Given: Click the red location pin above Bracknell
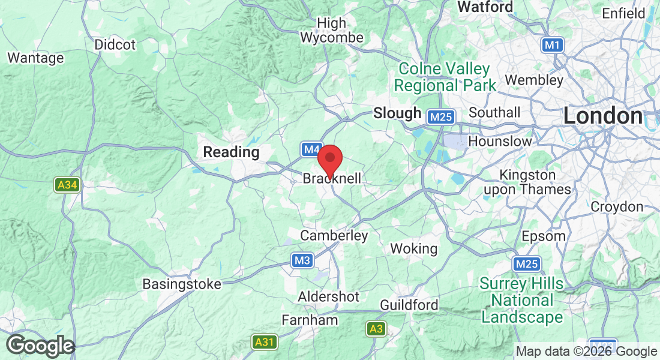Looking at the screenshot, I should (x=329, y=160).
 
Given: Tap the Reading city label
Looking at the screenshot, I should (x=231, y=152).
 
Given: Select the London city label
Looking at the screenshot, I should (x=602, y=116).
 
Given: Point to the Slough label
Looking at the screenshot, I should (x=397, y=113).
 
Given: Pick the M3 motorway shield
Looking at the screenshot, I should (x=302, y=260).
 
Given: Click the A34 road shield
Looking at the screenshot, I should (x=67, y=185).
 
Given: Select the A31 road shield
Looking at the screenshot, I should (x=264, y=342).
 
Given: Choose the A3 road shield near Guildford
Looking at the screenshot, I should (x=376, y=329).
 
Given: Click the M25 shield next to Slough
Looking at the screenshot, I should (x=441, y=117).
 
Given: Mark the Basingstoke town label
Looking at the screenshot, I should (x=182, y=284).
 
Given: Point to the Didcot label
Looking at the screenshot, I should (x=115, y=45).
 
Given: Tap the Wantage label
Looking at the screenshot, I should (x=35, y=58).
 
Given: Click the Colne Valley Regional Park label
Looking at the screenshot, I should (x=445, y=77).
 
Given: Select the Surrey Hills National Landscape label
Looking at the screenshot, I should (x=522, y=300).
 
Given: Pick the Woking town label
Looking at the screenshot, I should (x=413, y=248).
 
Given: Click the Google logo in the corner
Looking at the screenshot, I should (x=40, y=346).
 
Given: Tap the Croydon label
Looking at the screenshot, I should (x=617, y=207).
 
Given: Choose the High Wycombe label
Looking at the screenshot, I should (x=332, y=31).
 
